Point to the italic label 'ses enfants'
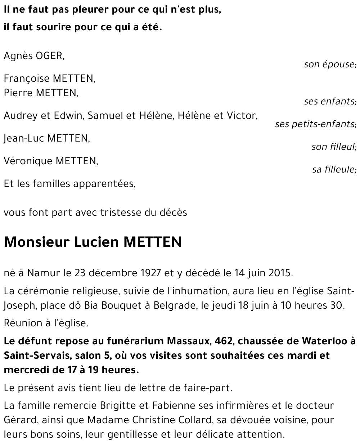tap(329, 102)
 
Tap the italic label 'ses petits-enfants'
tap(315, 124)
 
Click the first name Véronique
tap(28, 161)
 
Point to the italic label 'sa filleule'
tap(333, 169)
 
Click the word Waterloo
tap(320, 341)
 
